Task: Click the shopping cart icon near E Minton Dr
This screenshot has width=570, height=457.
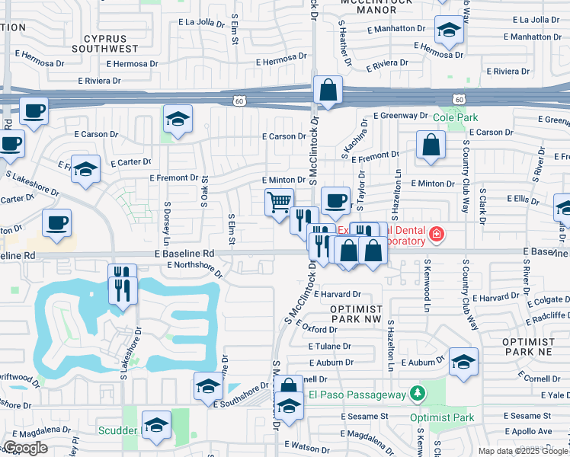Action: click(279, 203)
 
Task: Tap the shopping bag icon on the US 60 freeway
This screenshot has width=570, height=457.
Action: click(327, 90)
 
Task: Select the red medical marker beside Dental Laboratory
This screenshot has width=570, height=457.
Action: click(436, 235)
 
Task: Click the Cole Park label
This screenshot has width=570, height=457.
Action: click(456, 118)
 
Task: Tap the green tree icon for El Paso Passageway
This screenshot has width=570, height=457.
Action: click(416, 394)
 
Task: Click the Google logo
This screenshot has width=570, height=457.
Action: click(25, 448)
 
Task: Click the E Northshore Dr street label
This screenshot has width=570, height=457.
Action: click(187, 265)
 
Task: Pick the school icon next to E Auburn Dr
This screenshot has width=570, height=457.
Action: click(463, 363)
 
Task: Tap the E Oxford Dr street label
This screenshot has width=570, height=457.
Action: click(310, 329)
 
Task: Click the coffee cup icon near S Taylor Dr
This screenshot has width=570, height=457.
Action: click(335, 201)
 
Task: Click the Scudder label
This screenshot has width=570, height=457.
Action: click(117, 430)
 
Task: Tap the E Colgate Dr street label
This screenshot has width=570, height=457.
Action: click(544, 286)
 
